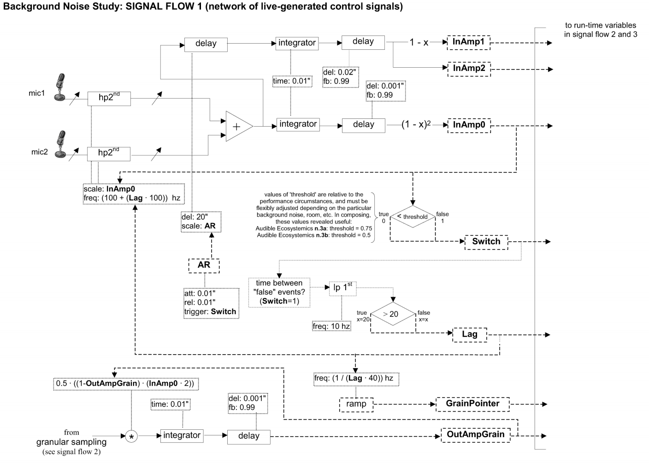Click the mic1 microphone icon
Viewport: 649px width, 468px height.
tap(60, 87)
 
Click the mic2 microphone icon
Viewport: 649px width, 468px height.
tap(60, 144)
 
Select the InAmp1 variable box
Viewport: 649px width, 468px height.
tap(468, 42)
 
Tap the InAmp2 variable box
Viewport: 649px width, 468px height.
tap(469, 69)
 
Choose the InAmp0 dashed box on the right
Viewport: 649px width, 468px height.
tap(469, 126)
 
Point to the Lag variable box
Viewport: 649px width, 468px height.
tap(470, 335)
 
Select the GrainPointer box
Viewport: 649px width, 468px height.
tap(472, 404)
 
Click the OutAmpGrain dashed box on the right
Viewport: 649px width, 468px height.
tap(475, 435)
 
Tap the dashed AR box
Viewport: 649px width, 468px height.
tap(204, 266)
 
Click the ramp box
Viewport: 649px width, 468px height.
tap(356, 404)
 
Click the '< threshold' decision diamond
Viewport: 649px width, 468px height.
tap(413, 216)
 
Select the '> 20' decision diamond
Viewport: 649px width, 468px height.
tap(393, 314)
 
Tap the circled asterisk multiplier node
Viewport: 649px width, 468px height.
tap(131, 436)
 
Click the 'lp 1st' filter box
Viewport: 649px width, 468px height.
tap(343, 288)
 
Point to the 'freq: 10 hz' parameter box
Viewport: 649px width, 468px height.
tap(331, 327)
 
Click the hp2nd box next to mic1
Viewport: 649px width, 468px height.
tap(109, 99)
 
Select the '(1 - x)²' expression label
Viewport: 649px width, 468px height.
tap(416, 124)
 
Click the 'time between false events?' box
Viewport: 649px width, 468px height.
tap(279, 292)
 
